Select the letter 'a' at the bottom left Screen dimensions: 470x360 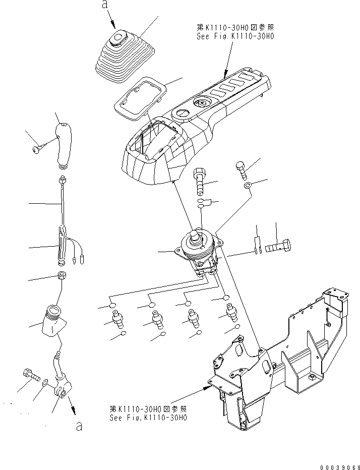coord(78,427)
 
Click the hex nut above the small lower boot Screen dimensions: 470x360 coord(62,276)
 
